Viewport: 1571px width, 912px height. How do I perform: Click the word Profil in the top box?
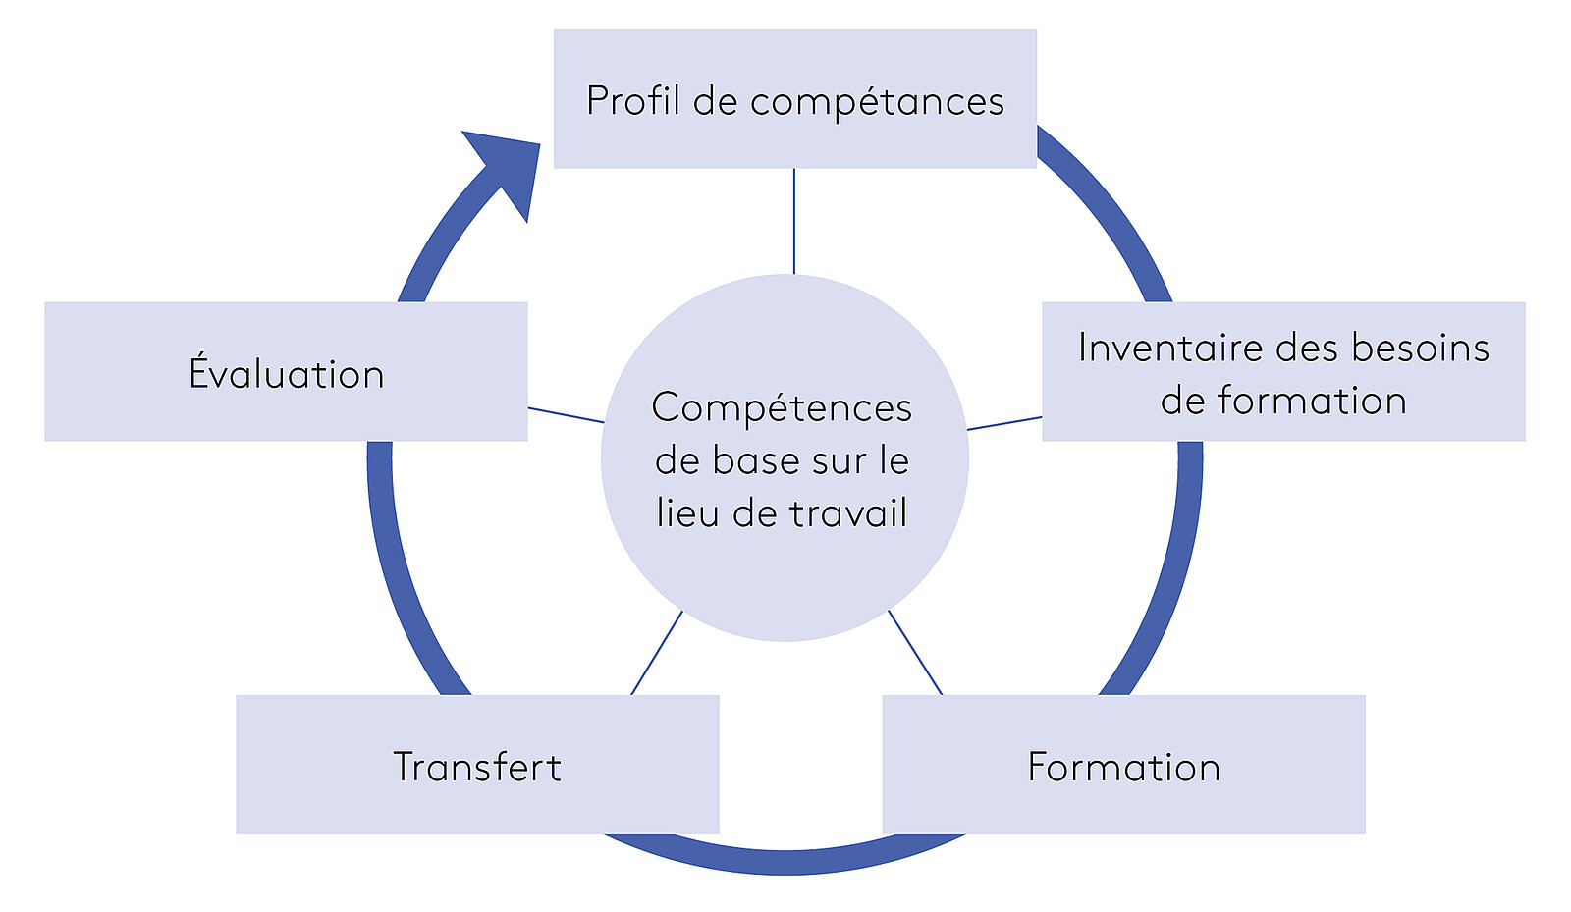(x=632, y=101)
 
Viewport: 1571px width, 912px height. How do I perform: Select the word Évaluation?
(x=286, y=374)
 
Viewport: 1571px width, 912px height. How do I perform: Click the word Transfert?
(x=477, y=767)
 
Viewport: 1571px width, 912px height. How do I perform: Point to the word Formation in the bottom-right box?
(x=1123, y=767)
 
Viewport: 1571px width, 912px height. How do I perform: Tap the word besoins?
(x=1420, y=348)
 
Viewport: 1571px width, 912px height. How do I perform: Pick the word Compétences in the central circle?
(x=782, y=408)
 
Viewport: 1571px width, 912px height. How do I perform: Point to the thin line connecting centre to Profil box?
(x=793, y=221)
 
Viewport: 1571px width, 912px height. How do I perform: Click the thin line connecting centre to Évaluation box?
(x=566, y=415)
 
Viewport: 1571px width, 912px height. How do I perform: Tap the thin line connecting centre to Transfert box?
(x=656, y=653)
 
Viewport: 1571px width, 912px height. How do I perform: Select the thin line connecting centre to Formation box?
(x=915, y=653)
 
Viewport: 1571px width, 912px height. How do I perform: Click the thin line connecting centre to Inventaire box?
(x=1004, y=423)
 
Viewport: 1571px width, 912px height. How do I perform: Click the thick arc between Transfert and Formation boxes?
(x=785, y=861)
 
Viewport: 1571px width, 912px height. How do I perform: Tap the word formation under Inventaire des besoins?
(x=1312, y=401)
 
